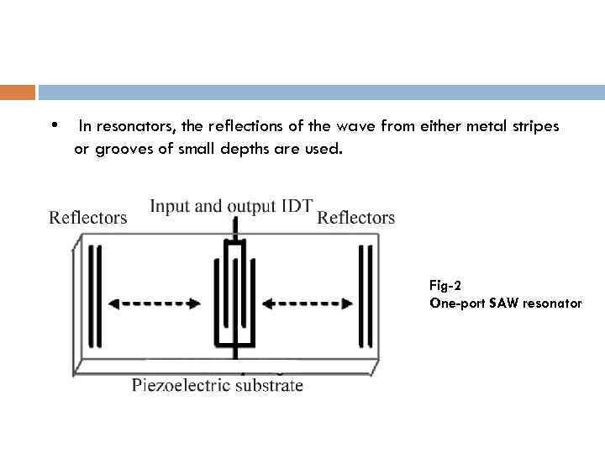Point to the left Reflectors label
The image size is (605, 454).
[88, 218]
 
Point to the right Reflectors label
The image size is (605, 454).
[355, 218]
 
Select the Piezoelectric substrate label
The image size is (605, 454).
[217, 386]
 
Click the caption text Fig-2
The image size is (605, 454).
[445, 286]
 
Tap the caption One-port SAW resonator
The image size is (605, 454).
[505, 303]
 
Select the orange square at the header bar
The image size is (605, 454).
[18, 92]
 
